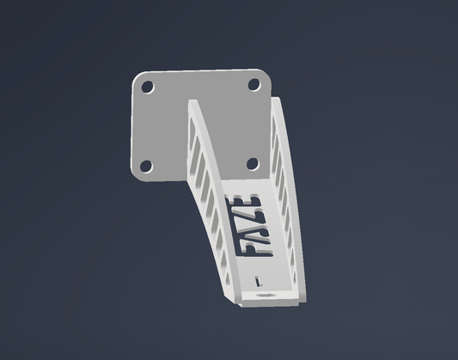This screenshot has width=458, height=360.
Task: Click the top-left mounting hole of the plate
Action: click(148, 88)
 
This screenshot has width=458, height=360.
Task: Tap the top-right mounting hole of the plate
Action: click(254, 85)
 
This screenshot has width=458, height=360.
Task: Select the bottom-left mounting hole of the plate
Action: click(146, 166)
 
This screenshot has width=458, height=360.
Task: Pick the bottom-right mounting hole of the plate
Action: click(253, 164)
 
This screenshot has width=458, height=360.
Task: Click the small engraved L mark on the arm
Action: click(258, 282)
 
